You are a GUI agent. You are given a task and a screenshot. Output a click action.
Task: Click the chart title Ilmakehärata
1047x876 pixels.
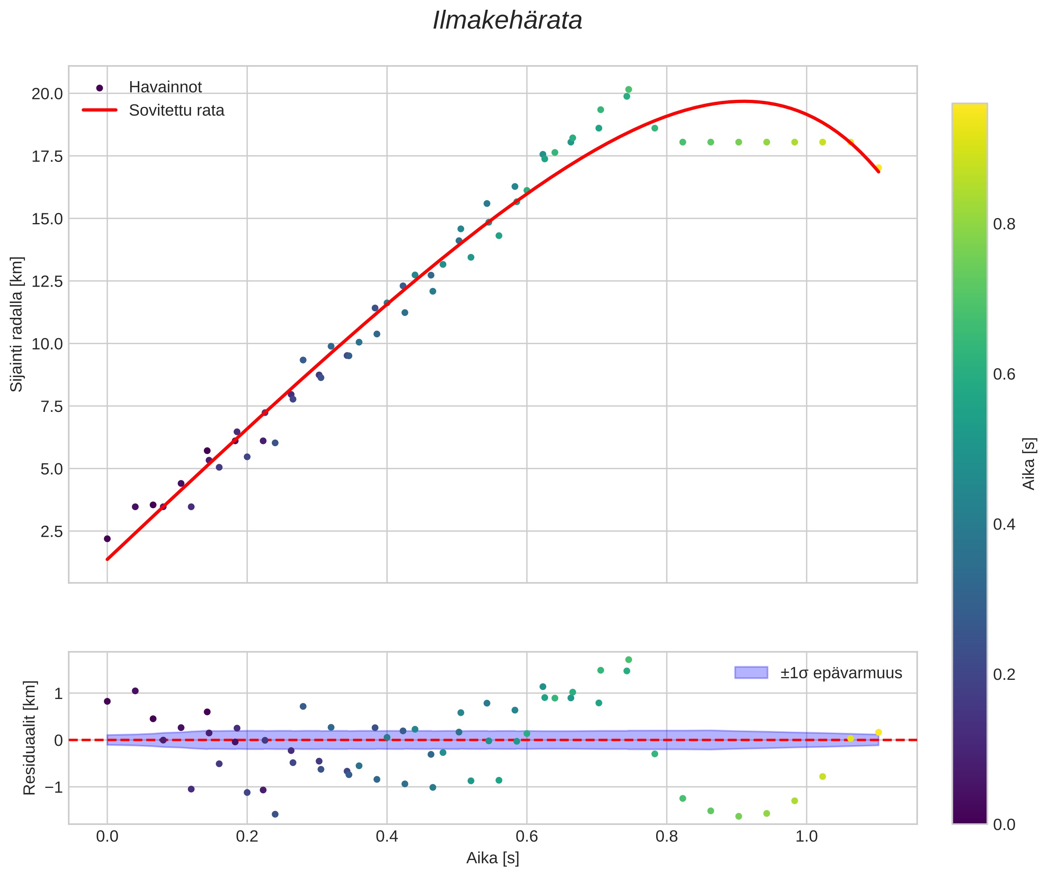(x=507, y=21)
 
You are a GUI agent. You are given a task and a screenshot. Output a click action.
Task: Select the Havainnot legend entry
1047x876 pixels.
(x=165, y=87)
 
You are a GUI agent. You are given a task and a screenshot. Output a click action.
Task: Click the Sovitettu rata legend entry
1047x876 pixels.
(x=176, y=110)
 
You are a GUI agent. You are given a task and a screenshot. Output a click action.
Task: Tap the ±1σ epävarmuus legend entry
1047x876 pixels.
(x=841, y=673)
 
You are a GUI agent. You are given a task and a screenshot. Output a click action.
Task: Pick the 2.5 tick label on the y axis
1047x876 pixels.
(x=52, y=532)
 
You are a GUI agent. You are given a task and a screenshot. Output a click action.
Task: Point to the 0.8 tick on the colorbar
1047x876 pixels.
(x=1004, y=224)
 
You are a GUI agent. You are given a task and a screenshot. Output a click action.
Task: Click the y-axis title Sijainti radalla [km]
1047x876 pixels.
(x=17, y=324)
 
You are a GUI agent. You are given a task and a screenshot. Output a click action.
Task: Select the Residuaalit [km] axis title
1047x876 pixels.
(x=30, y=738)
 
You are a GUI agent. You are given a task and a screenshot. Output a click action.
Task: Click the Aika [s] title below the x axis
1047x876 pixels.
(x=493, y=858)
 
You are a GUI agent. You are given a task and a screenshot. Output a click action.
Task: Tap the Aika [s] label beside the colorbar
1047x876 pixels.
(x=1029, y=464)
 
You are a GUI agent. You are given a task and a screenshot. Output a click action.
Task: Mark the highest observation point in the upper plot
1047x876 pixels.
(x=629, y=90)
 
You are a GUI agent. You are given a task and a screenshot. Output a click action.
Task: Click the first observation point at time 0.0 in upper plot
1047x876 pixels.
(x=107, y=539)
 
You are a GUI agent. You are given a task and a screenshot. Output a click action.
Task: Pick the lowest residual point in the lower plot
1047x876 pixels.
(x=739, y=817)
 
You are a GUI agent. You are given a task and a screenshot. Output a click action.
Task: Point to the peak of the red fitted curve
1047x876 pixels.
(x=744, y=101)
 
